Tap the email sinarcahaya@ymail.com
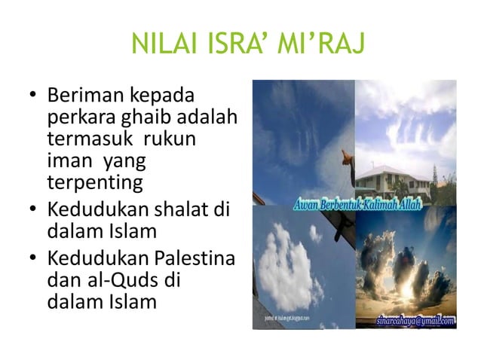415,320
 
